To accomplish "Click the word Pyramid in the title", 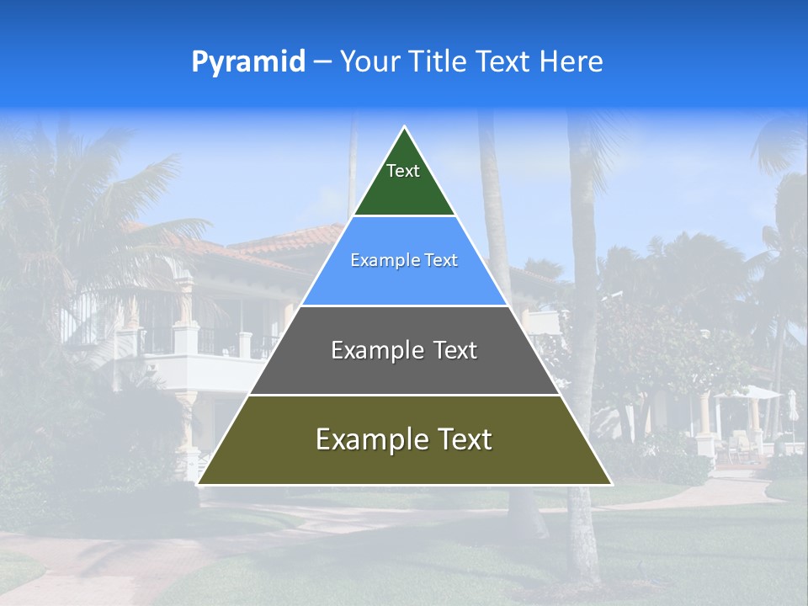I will click(248, 61).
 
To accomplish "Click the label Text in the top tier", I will click(403, 171).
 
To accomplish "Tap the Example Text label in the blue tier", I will click(404, 260).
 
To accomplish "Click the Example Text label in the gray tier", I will click(404, 350).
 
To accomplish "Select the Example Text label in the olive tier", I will click(404, 439).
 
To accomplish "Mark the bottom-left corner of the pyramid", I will click(199, 484).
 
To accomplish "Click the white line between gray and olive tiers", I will click(404, 395).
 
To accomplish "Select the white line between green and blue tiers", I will click(404, 215).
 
